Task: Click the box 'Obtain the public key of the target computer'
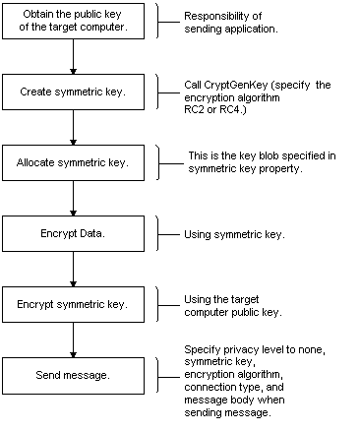click(73, 22)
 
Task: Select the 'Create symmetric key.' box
click(73, 92)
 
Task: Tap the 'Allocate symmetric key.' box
click(73, 162)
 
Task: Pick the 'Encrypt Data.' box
click(73, 233)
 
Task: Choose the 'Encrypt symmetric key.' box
click(73, 304)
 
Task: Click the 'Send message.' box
click(73, 376)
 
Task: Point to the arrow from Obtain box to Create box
click(73, 57)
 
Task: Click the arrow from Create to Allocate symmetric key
click(73, 128)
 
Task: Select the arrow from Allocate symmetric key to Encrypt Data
click(73, 199)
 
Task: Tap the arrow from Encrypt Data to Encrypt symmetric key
click(73, 270)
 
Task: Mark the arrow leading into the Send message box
click(73, 340)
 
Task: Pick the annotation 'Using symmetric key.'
click(234, 235)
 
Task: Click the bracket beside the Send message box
click(158, 375)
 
